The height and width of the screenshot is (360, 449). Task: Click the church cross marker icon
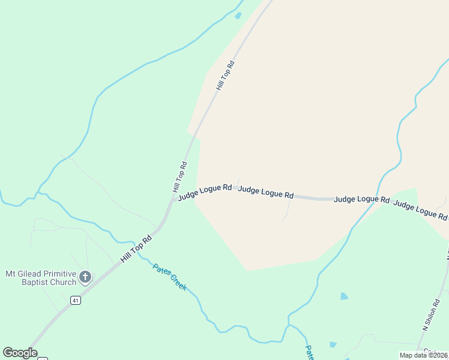(85, 277)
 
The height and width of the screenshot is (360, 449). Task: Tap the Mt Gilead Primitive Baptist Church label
(41, 278)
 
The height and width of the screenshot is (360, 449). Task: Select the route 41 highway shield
(75, 300)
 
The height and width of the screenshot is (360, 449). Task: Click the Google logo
(20, 353)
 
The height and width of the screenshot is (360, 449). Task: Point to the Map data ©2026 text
(424, 355)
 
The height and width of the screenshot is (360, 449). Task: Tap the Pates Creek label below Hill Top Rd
(169, 277)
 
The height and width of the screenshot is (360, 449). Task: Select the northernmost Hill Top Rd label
(225, 75)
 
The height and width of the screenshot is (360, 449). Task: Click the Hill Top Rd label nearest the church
(136, 248)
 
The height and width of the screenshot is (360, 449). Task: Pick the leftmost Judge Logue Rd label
(205, 191)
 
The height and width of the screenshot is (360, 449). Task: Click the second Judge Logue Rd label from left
(266, 192)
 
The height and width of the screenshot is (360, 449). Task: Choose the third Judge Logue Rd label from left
(362, 199)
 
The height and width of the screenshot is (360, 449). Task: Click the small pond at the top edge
(238, 16)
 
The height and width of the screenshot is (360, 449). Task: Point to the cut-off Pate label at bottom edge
(309, 352)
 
